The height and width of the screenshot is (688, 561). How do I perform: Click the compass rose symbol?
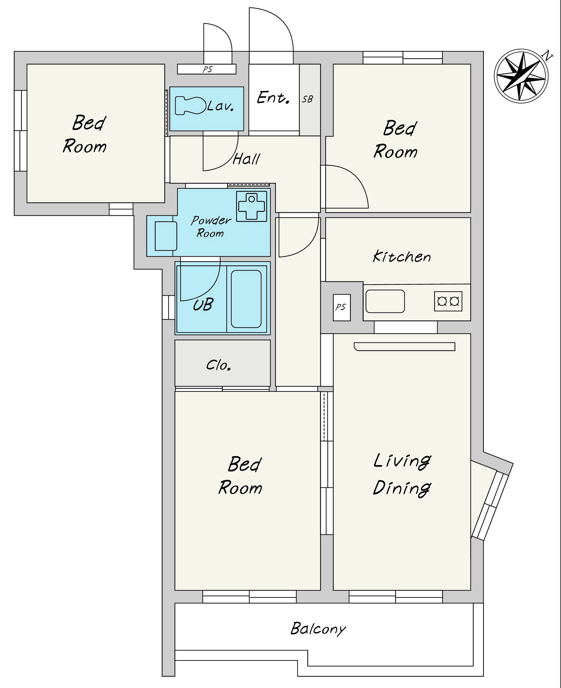521,76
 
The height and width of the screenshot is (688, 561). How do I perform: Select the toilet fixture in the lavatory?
191,106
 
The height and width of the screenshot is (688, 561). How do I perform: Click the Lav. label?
220,106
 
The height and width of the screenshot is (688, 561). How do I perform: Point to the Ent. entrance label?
273,98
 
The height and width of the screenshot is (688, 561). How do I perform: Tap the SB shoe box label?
308,99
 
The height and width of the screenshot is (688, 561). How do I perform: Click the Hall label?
246,159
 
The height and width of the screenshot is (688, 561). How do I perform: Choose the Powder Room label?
211,226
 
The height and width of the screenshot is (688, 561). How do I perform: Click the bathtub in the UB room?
246,299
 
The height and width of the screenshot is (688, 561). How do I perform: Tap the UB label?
203,304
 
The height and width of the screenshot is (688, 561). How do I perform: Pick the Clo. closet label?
219,365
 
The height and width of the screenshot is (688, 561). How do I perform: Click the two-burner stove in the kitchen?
448,301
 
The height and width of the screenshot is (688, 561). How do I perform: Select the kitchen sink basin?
385,301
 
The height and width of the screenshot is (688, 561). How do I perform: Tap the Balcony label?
318,629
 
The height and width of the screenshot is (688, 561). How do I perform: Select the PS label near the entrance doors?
207,69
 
